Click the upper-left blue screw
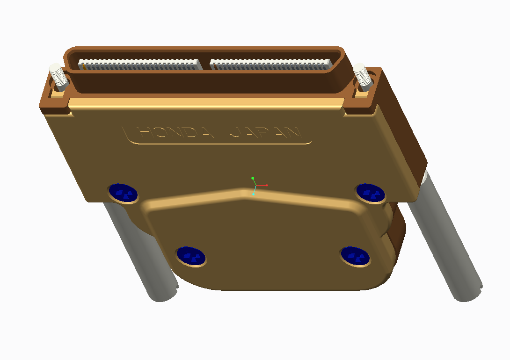pyautogui.click(x=123, y=193)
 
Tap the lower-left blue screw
pyautogui.click(x=191, y=255)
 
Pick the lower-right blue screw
pyautogui.click(x=355, y=256)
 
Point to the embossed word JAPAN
pyautogui.click(x=265, y=133)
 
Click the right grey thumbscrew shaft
pyautogui.click(x=444, y=238)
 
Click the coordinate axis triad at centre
pyautogui.click(x=255, y=185)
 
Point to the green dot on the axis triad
pyautogui.click(x=253, y=178)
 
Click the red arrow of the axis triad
pyautogui.click(x=264, y=185)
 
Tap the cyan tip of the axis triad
pyautogui.click(x=254, y=194)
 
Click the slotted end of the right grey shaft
pyautogui.click(x=468, y=292)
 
